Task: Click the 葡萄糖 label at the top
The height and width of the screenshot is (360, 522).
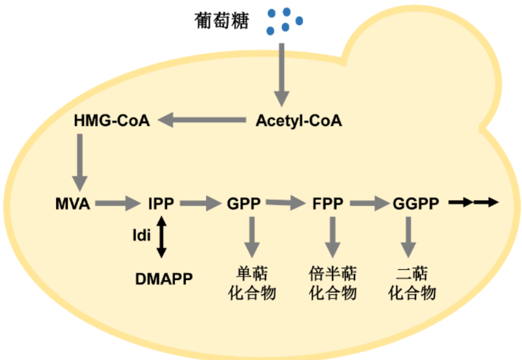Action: click(x=221, y=21)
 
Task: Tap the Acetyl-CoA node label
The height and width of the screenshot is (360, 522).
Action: click(x=299, y=120)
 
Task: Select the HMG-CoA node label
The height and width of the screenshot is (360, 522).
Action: click(x=112, y=120)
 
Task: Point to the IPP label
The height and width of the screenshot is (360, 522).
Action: click(x=161, y=203)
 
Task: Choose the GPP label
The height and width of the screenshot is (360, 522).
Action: click(x=244, y=203)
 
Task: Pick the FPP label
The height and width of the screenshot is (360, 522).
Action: click(x=328, y=203)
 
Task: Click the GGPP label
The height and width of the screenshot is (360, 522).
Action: click(x=416, y=203)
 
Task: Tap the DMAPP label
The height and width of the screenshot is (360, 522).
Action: click(x=164, y=278)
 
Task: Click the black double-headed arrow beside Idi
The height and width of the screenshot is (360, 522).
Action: click(x=161, y=237)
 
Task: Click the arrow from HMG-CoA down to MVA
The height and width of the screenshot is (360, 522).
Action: click(x=80, y=162)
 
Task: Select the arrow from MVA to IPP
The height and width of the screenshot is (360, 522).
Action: click(x=117, y=203)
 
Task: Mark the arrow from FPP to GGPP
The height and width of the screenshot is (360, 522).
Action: click(x=369, y=203)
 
